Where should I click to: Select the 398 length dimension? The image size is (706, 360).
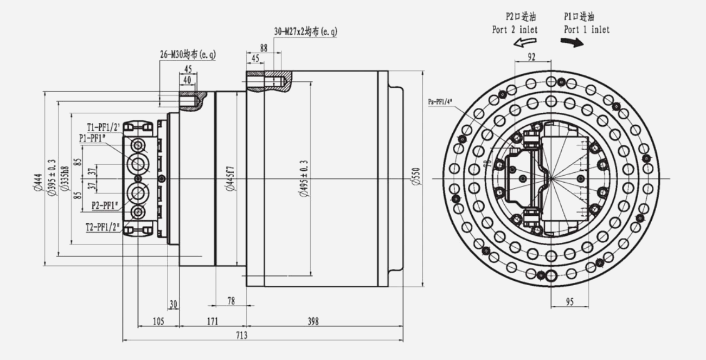click(313, 322)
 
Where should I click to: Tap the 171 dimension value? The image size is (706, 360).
click(213, 322)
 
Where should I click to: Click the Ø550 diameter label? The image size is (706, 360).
click(416, 177)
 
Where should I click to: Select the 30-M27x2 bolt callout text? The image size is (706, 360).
click(306, 32)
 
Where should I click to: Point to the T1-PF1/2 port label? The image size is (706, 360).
click(104, 128)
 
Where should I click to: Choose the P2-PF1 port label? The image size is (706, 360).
click(105, 205)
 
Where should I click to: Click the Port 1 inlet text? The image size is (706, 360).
click(586, 30)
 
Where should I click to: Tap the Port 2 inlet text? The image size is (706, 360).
click(515, 30)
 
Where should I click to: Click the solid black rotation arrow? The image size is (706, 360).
click(575, 43)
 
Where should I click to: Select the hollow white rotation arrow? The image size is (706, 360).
click(524, 43)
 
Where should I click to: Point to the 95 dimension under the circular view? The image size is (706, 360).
click(569, 302)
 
